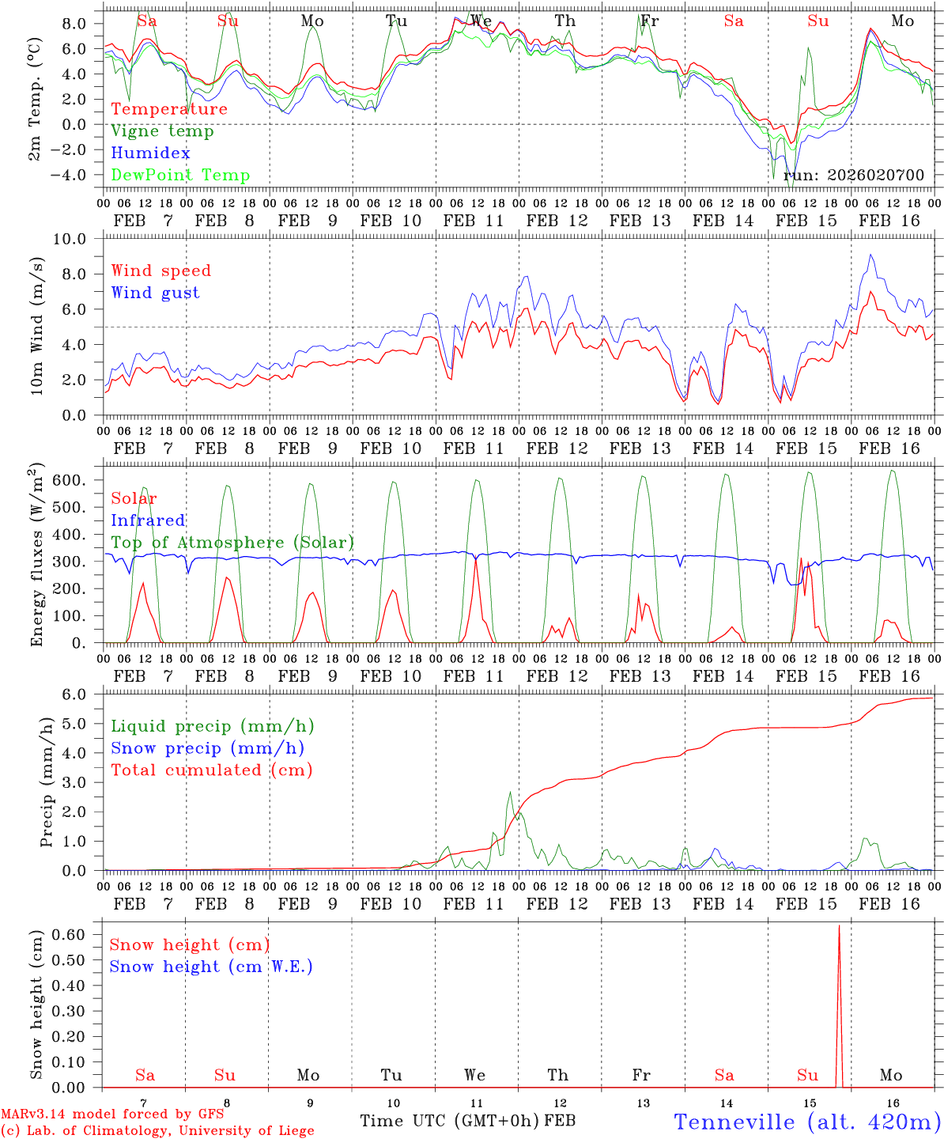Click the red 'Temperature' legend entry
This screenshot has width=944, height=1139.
[169, 109]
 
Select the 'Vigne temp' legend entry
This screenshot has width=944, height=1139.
[162, 131]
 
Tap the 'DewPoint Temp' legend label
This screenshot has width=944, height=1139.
[180, 176]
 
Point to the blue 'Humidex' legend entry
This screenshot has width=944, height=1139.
[150, 153]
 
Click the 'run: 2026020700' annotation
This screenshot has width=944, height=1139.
[854, 175]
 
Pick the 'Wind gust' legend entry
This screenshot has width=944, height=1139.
[155, 293]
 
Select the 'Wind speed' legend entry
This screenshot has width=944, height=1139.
[161, 271]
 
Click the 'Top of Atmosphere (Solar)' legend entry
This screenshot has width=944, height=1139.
[232, 543]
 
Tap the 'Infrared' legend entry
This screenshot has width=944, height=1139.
[148, 520]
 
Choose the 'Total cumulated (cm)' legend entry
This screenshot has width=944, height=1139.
[212, 770]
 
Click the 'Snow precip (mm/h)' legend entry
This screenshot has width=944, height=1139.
[207, 748]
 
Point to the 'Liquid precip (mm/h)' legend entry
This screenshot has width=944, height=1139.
[213, 726]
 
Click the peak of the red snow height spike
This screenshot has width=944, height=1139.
[839, 925]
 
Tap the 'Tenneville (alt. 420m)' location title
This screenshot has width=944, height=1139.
[806, 1122]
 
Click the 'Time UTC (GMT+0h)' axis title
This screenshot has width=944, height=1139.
[450, 1121]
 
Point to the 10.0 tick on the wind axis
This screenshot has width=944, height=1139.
[78, 239]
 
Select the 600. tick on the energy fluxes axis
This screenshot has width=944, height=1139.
[83, 480]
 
